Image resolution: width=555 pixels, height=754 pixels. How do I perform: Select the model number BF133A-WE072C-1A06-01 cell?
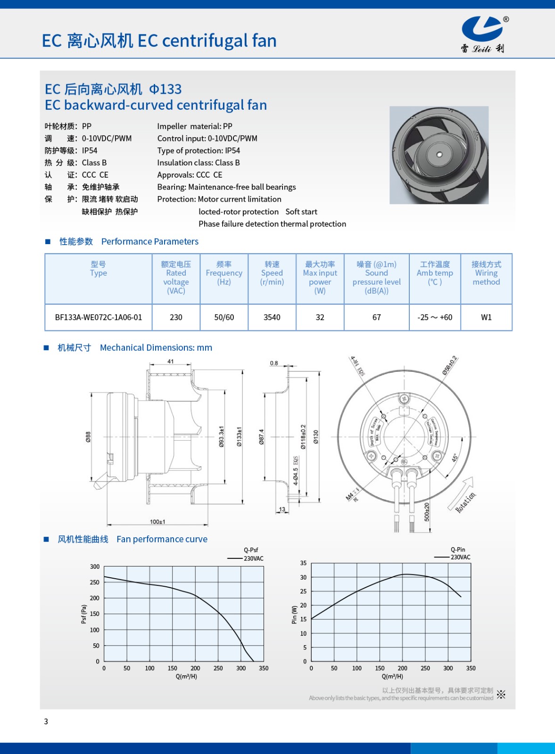coord(98,317)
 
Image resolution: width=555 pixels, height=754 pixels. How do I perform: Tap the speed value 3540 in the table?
coord(272,317)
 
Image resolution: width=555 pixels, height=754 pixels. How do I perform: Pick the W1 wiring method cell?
coord(486,317)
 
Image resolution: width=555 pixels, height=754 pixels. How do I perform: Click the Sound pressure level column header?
coord(376,278)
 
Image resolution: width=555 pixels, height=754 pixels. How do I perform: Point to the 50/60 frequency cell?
coord(224,317)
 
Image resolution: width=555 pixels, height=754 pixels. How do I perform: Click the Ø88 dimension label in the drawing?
coord(88,437)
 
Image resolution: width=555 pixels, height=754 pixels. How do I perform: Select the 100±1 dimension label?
coord(157,522)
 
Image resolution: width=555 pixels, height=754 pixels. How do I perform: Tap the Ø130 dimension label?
coord(315,437)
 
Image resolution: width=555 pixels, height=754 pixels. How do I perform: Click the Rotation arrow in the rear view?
coord(464,495)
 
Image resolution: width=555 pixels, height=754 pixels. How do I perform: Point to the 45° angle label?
coord(455,458)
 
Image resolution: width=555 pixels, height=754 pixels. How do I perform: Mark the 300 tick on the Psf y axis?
coord(95,566)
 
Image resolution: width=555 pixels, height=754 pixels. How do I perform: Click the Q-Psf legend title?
coord(251,550)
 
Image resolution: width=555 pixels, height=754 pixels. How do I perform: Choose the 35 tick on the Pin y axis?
coord(303,563)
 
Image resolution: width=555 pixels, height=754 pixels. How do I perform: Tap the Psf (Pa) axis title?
coord(84,614)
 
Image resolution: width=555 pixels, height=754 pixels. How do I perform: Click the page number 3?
coord(46,721)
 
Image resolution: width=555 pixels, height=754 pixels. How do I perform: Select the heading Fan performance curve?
coord(162,539)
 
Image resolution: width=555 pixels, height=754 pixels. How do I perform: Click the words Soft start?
coord(301,212)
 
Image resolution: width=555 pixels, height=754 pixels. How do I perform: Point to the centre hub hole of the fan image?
coord(439,155)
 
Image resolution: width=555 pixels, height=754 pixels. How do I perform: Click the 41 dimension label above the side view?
coord(170,361)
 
